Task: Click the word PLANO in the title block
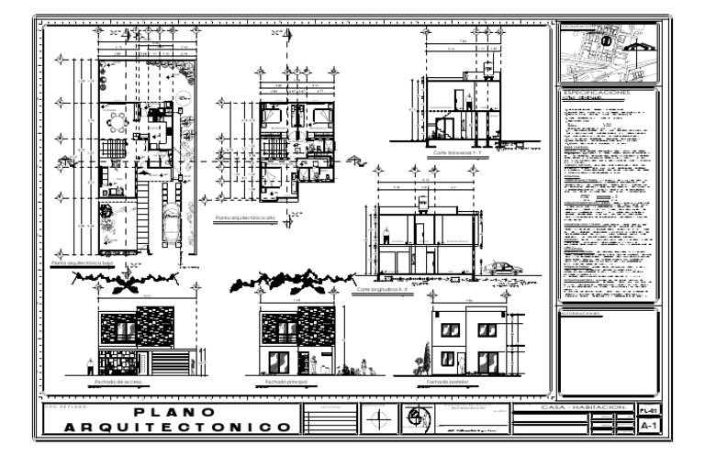coord(173,412)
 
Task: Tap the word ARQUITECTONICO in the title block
coord(173,428)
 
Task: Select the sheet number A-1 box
coord(648,427)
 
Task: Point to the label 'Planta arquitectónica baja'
coord(86,262)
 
